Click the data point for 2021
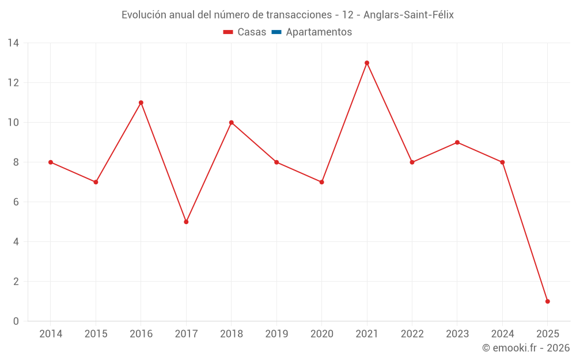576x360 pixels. [x=367, y=63]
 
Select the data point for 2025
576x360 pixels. [x=547, y=301]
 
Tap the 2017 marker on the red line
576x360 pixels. [x=186, y=222]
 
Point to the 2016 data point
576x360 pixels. [x=141, y=103]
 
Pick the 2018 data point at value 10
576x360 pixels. [x=232, y=123]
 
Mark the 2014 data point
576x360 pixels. [x=51, y=162]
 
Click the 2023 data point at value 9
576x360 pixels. [x=457, y=142]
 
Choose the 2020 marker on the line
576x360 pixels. [x=322, y=182]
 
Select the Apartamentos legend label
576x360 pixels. [x=319, y=32]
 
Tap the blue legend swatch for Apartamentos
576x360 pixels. [x=276, y=32]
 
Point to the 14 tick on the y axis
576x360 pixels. [x=13, y=43]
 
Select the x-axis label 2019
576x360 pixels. [x=276, y=334]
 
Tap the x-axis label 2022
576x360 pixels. [x=412, y=334]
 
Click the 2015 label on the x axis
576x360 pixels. [x=96, y=334]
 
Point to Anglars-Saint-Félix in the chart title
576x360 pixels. [x=408, y=15]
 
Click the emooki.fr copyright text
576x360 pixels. [x=526, y=348]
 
